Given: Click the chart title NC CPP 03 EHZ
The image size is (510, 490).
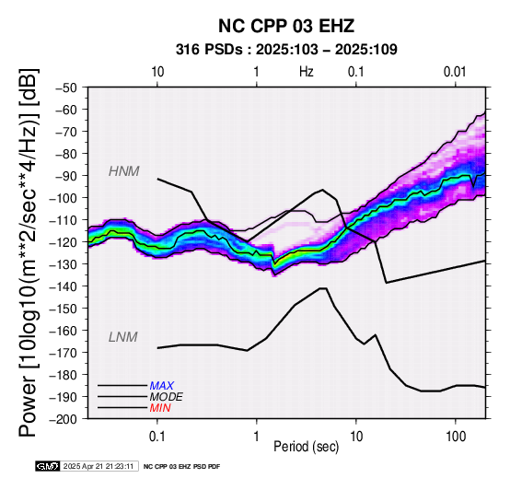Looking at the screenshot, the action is tap(286, 26).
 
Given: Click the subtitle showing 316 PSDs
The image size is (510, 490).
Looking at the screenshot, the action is tap(286, 50).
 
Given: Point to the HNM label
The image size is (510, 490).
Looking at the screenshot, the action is tap(124, 171).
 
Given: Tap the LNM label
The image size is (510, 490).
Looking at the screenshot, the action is tap(123, 337).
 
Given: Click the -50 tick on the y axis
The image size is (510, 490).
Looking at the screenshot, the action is tap(65, 87).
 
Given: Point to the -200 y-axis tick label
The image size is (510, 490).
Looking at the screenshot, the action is tap(64, 419).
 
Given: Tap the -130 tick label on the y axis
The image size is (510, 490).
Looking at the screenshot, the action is tap(64, 264).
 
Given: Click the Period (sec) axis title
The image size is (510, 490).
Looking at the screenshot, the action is tap(306, 447).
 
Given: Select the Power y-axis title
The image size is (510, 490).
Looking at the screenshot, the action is tap(29, 252).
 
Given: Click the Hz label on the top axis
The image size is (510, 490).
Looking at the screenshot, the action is tap(306, 72).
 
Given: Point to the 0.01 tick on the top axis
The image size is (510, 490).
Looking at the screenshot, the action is tap(455, 72).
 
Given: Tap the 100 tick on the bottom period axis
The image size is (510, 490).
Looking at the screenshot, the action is tap(456, 437).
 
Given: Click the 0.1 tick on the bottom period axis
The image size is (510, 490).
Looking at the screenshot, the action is tap(157, 437).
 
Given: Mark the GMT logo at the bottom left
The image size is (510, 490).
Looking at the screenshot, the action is tap(48, 466).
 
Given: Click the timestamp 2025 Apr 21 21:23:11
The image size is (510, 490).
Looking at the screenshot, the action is tap(99, 466).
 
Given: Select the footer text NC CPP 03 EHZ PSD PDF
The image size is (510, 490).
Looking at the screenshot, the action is tap(182, 467).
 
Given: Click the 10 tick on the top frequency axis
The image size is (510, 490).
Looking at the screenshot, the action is tap(157, 72).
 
